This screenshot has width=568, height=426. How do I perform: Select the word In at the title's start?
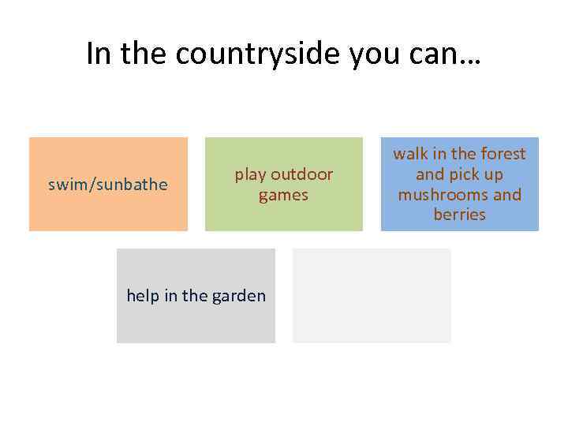pyautogui.click(x=99, y=54)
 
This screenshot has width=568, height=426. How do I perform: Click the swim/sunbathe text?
pyautogui.click(x=108, y=185)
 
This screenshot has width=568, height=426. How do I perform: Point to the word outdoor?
pyautogui.click(x=302, y=174)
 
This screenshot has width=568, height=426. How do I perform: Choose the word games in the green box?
pyautogui.click(x=283, y=195)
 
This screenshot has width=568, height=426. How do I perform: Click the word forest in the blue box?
pyautogui.click(x=502, y=154)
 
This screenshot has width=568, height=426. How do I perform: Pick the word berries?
pyautogui.click(x=459, y=215)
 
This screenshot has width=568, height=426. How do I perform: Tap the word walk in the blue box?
pyautogui.click(x=410, y=154)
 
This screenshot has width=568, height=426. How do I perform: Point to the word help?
pyautogui.click(x=143, y=296)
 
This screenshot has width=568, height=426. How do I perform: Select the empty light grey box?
pyautogui.click(x=372, y=296)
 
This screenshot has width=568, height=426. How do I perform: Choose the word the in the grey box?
pyautogui.click(x=195, y=296)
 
